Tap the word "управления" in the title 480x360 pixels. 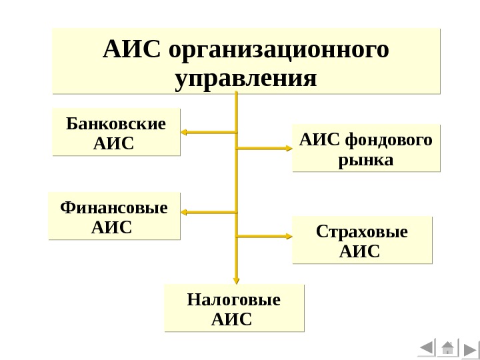click(245, 79)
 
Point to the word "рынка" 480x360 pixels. click(366, 161)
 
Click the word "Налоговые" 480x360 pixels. click(234, 300)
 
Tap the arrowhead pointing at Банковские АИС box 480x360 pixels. click(186, 133)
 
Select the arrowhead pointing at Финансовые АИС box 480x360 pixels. click(186, 213)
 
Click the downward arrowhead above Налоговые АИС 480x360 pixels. click(236, 280)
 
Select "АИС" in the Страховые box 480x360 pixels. click(359, 252)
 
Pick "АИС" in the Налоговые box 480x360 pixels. click(231, 320)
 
